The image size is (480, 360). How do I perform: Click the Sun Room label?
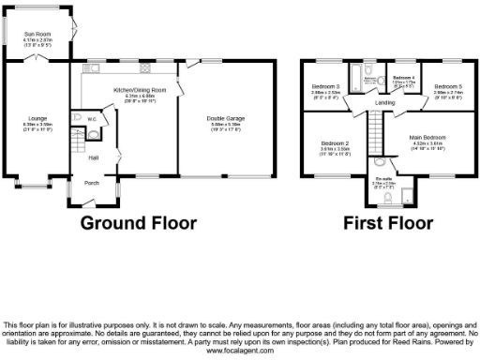point(37,33)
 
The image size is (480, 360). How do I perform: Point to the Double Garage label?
point(224,117)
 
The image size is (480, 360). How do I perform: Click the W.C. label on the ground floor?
point(93,119)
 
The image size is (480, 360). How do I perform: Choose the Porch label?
point(92,183)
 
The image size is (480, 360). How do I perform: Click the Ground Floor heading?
point(138,223)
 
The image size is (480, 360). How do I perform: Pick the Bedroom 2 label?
point(334,143)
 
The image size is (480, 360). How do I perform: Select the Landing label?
point(384,103)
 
